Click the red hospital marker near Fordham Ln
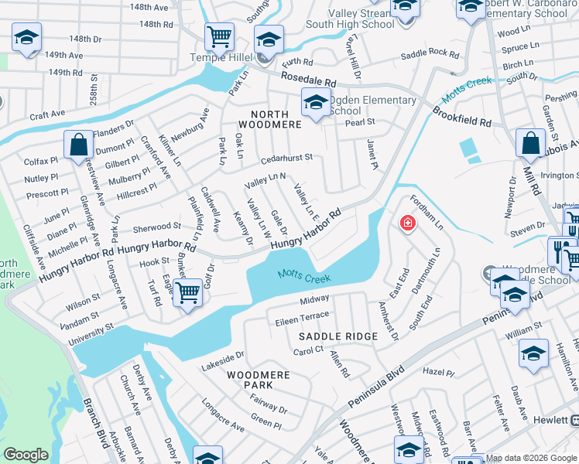[406, 223]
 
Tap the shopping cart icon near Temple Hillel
[220, 36]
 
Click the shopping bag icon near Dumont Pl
[78, 144]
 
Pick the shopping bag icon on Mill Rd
[530, 142]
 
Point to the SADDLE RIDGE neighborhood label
[338, 336]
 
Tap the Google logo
[26, 455]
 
